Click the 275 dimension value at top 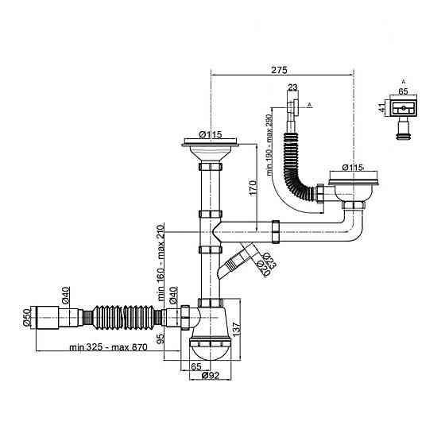pyautogui.click(x=279, y=70)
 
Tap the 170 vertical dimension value pyautogui.click(x=253, y=188)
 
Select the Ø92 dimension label pyautogui.click(x=211, y=375)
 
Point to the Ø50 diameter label pyautogui.click(x=26, y=318)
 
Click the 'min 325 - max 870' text pyautogui.click(x=108, y=347)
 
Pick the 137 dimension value pyautogui.click(x=237, y=328)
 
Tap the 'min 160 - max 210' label pyautogui.click(x=161, y=263)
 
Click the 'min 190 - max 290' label pyautogui.click(x=269, y=145)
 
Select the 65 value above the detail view pyautogui.click(x=403, y=91)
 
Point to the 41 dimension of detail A pyautogui.click(x=382, y=108)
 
